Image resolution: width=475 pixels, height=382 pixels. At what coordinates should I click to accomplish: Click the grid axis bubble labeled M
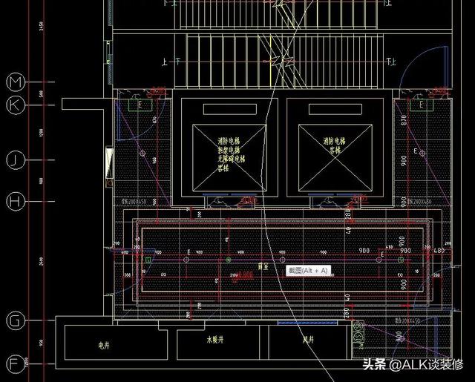point(16,81)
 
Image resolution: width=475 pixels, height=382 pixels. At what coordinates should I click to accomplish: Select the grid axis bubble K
point(16,105)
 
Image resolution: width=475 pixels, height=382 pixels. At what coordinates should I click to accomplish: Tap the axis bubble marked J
point(16,159)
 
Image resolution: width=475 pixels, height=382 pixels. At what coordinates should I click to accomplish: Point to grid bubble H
point(16,201)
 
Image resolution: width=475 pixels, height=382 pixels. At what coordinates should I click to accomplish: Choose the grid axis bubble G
point(16,320)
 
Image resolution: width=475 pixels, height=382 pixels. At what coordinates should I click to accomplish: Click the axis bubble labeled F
point(16,363)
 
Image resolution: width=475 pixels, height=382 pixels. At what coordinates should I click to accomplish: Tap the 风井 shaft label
point(305,341)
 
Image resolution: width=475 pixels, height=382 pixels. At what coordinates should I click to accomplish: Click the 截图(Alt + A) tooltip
point(308,271)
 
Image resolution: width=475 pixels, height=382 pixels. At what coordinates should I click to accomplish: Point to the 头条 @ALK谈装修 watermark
point(411,365)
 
